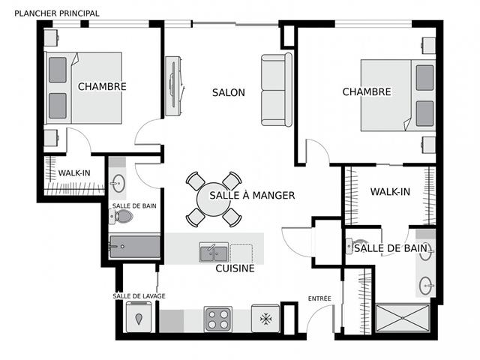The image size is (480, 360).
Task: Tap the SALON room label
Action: tap(228, 93)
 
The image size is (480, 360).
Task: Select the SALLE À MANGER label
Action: tap(252, 195)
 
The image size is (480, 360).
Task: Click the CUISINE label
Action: tap(235, 268)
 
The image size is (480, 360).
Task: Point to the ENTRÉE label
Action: tap(319, 298)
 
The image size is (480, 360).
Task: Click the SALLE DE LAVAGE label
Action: tap(139, 296)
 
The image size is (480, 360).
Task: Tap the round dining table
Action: tap(214, 199)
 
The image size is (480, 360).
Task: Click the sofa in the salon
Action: tap(276, 90)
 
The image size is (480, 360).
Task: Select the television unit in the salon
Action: tap(175, 85)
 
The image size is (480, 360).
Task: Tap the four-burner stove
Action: tap(218, 318)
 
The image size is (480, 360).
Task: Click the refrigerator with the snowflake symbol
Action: tap(265, 318)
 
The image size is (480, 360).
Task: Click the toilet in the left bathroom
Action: tap(121, 217)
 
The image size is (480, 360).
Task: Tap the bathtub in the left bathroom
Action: tap(135, 247)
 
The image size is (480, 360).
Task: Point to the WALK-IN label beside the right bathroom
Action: tap(390, 192)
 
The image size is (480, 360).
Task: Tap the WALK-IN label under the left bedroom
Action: tap(74, 173)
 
